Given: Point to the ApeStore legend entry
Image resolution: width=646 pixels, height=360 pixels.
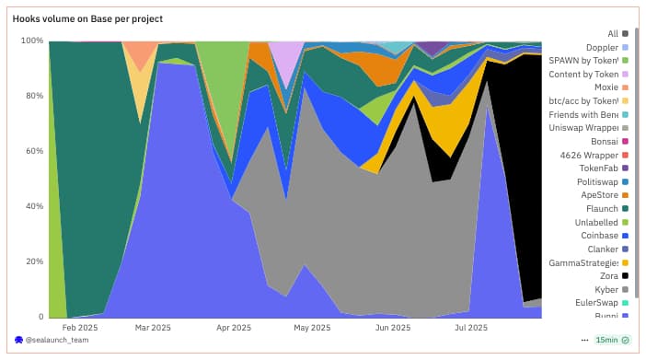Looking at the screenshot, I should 600,195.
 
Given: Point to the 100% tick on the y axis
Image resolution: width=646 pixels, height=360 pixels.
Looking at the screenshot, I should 32,41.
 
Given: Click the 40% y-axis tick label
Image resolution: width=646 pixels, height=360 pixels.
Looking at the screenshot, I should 34,206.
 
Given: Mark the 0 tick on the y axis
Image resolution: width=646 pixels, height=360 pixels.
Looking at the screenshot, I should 40,317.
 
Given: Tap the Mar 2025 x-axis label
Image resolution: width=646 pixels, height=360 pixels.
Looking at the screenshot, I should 153,327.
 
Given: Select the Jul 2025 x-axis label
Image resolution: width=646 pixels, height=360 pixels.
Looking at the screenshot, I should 470,327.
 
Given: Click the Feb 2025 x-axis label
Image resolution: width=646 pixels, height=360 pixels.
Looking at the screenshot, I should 79,327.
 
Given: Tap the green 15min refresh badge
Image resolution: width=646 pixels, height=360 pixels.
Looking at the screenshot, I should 612,341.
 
